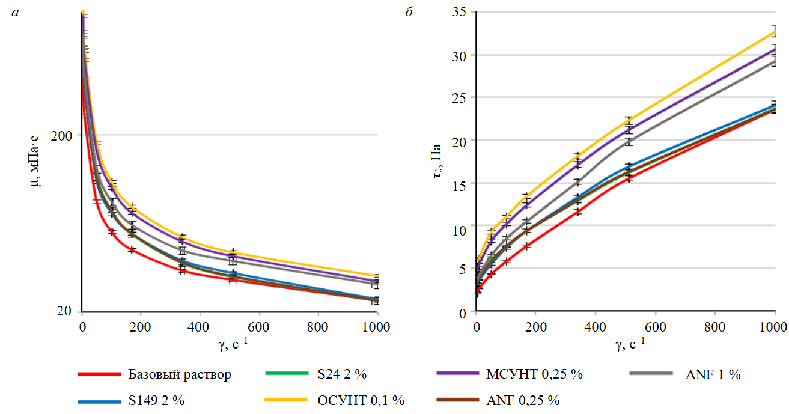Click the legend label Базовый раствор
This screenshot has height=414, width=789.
coord(179,374)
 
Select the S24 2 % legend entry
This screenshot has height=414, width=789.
coord(341,374)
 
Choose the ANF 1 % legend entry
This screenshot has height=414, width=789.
coord(713,375)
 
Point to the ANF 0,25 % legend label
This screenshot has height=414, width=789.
coord(523,400)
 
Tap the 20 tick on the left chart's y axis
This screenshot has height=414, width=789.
coord(65,312)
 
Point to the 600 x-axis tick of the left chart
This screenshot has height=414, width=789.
coord(258,327)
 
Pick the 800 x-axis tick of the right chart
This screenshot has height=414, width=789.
coord(714,327)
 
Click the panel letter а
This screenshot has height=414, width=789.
coord(15,13)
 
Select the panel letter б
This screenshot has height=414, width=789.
coord(409,13)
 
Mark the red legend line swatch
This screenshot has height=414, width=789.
coord(99,374)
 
